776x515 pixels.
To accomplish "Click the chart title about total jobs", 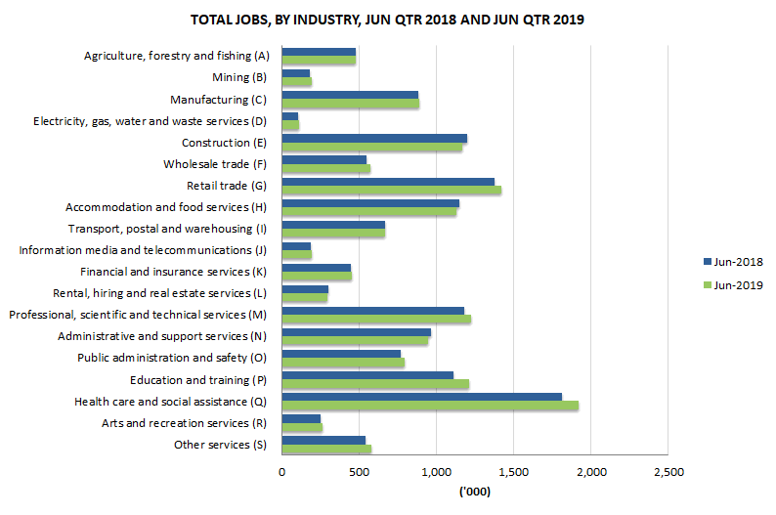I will coord(388,20).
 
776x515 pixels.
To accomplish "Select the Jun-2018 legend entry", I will coord(731,262).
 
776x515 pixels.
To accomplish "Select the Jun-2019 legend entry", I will coord(731,285).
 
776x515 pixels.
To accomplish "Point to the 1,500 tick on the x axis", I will coord(513,472).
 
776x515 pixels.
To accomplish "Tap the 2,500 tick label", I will coord(668,472).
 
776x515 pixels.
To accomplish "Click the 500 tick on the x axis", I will coord(359,472).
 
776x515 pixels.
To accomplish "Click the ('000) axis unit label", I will coord(474,492).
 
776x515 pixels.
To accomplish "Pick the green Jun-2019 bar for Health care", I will coord(429,406).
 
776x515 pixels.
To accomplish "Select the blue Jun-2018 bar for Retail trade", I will coord(387,182).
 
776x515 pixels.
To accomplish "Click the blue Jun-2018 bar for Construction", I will coord(373,138).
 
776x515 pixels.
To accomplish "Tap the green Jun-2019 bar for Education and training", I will coord(374,383).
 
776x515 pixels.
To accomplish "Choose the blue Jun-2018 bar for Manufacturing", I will coord(349,95).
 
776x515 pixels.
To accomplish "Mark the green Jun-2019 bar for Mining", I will coord(296,82).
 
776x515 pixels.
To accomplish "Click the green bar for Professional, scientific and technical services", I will coord(375,320).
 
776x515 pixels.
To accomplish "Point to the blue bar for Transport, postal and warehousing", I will coord(332,226).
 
